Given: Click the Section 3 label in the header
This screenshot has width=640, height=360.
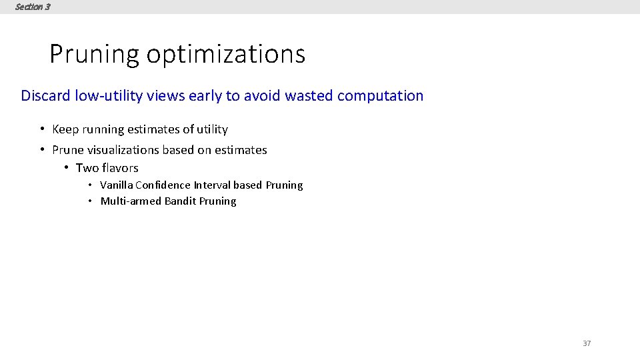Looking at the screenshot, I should point(32,7).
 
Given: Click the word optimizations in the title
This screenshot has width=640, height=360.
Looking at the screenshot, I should point(225,54).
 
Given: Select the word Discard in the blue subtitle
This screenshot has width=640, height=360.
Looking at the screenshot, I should point(45,95).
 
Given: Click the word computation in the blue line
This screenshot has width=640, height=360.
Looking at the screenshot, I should point(380,95).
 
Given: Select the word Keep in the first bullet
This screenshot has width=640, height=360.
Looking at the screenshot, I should point(65,129).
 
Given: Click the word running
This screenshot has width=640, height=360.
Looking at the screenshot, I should point(104,129).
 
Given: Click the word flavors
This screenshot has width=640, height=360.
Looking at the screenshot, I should point(121,168).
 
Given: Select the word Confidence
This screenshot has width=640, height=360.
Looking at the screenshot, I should point(163,185).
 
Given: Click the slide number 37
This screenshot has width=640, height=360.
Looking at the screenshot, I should point(587,343).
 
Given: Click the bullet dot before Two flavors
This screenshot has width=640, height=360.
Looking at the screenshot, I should point(67,168).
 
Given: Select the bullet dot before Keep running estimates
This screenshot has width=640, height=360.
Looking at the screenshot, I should point(42,129).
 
